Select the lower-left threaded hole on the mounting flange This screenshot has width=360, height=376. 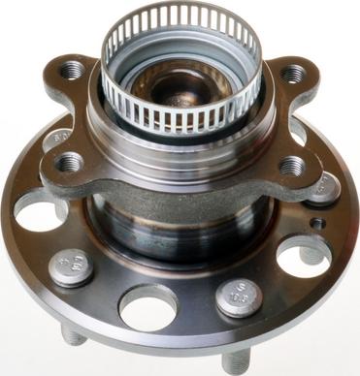click(x=69, y=162)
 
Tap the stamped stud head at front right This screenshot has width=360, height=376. click(x=236, y=297)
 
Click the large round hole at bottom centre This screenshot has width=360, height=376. click(x=147, y=308)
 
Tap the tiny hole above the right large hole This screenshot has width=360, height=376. click(x=315, y=223)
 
